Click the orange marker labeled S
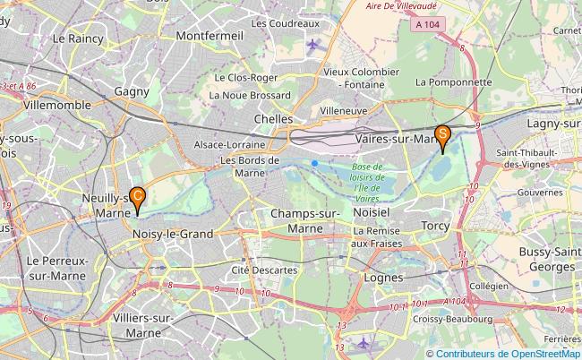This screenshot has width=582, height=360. [x=441, y=135]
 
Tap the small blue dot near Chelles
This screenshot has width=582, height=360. [x=315, y=162]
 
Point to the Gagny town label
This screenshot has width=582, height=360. [x=133, y=91]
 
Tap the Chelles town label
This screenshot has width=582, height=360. [x=274, y=118]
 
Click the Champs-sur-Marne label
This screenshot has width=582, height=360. [x=304, y=220]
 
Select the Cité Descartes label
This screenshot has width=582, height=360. [x=264, y=270]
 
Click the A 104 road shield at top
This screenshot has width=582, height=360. [x=428, y=26]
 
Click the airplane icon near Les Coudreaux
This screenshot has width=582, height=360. [x=312, y=45]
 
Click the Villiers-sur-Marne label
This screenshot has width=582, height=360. [x=138, y=325]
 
